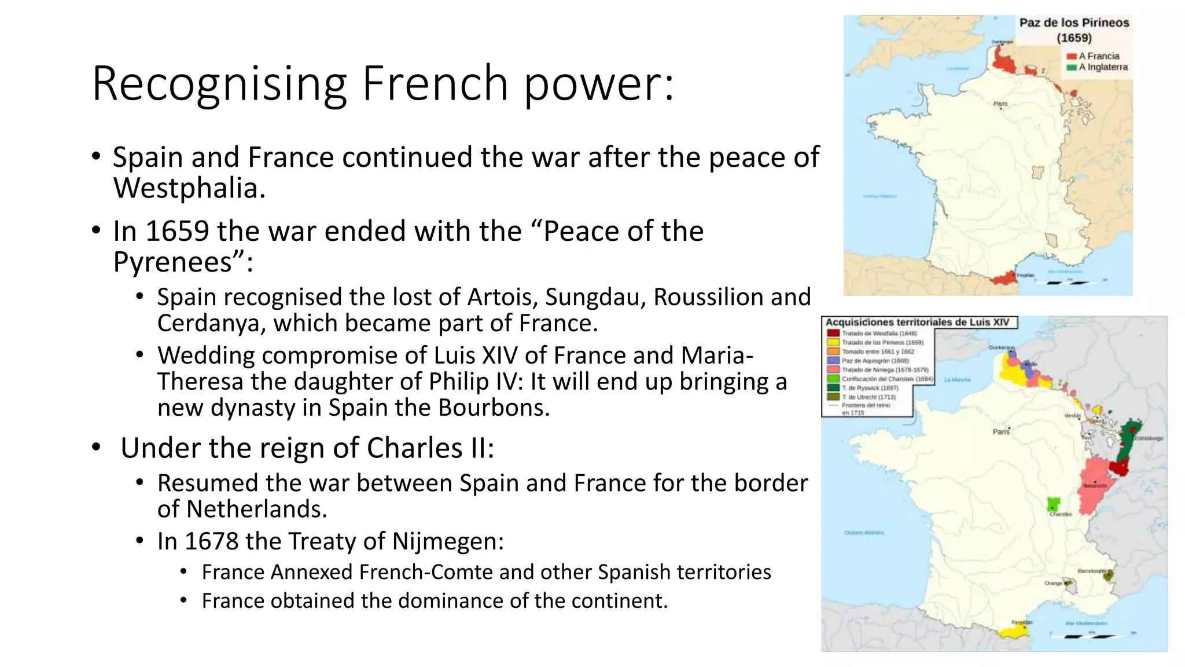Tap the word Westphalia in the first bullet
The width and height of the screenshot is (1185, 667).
189,188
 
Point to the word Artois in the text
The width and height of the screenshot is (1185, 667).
503,297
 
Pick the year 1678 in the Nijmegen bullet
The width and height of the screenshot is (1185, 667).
211,541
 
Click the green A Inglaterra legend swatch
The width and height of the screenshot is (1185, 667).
1071,67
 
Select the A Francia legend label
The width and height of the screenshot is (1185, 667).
1099,56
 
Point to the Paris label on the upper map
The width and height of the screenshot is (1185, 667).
1000,104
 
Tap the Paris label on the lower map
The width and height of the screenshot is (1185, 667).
1001,431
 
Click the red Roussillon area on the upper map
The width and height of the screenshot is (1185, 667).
1004,278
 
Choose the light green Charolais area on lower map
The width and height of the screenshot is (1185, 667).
1054,503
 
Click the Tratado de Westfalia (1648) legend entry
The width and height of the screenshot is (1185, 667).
879,333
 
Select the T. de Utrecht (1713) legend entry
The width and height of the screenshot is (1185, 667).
868,397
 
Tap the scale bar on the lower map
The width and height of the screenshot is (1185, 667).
1088,636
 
